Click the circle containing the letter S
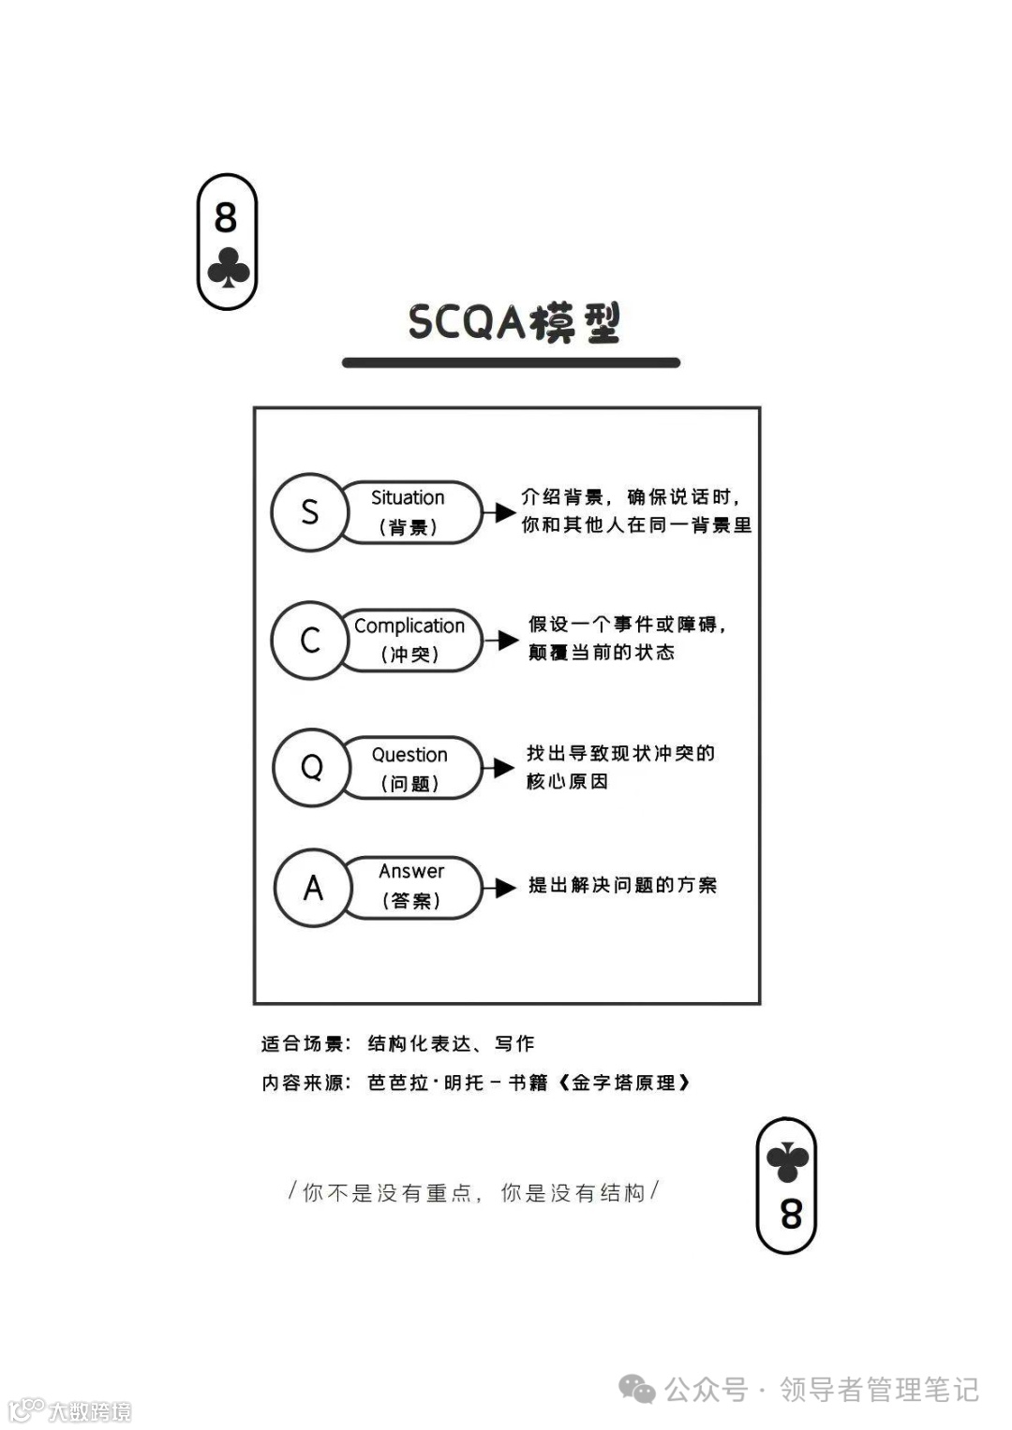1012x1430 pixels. tap(309, 512)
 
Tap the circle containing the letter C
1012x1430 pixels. tap(310, 640)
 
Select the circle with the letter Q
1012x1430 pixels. tap(311, 768)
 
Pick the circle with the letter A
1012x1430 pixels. tap(313, 887)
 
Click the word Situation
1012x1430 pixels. tap(408, 497)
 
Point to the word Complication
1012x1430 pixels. tap(409, 626)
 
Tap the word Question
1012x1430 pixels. tap(409, 755)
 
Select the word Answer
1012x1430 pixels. tap(411, 871)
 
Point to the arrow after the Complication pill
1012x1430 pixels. tap(503, 641)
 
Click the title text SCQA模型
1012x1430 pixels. tap(513, 323)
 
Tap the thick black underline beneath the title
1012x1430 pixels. tap(511, 362)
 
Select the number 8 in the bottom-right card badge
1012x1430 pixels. tap(791, 1215)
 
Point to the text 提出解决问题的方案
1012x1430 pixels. tap(622, 885)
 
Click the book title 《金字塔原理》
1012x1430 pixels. tap(623, 1083)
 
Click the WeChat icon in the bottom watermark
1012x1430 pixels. tap(638, 1389)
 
